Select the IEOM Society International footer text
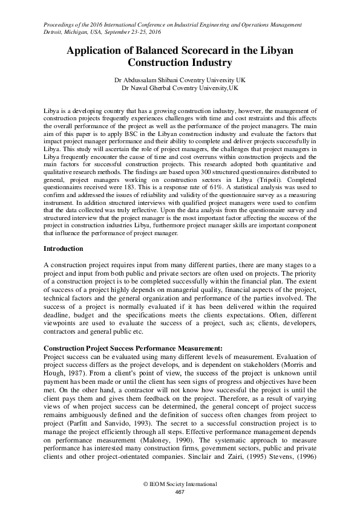tap(180, 485)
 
